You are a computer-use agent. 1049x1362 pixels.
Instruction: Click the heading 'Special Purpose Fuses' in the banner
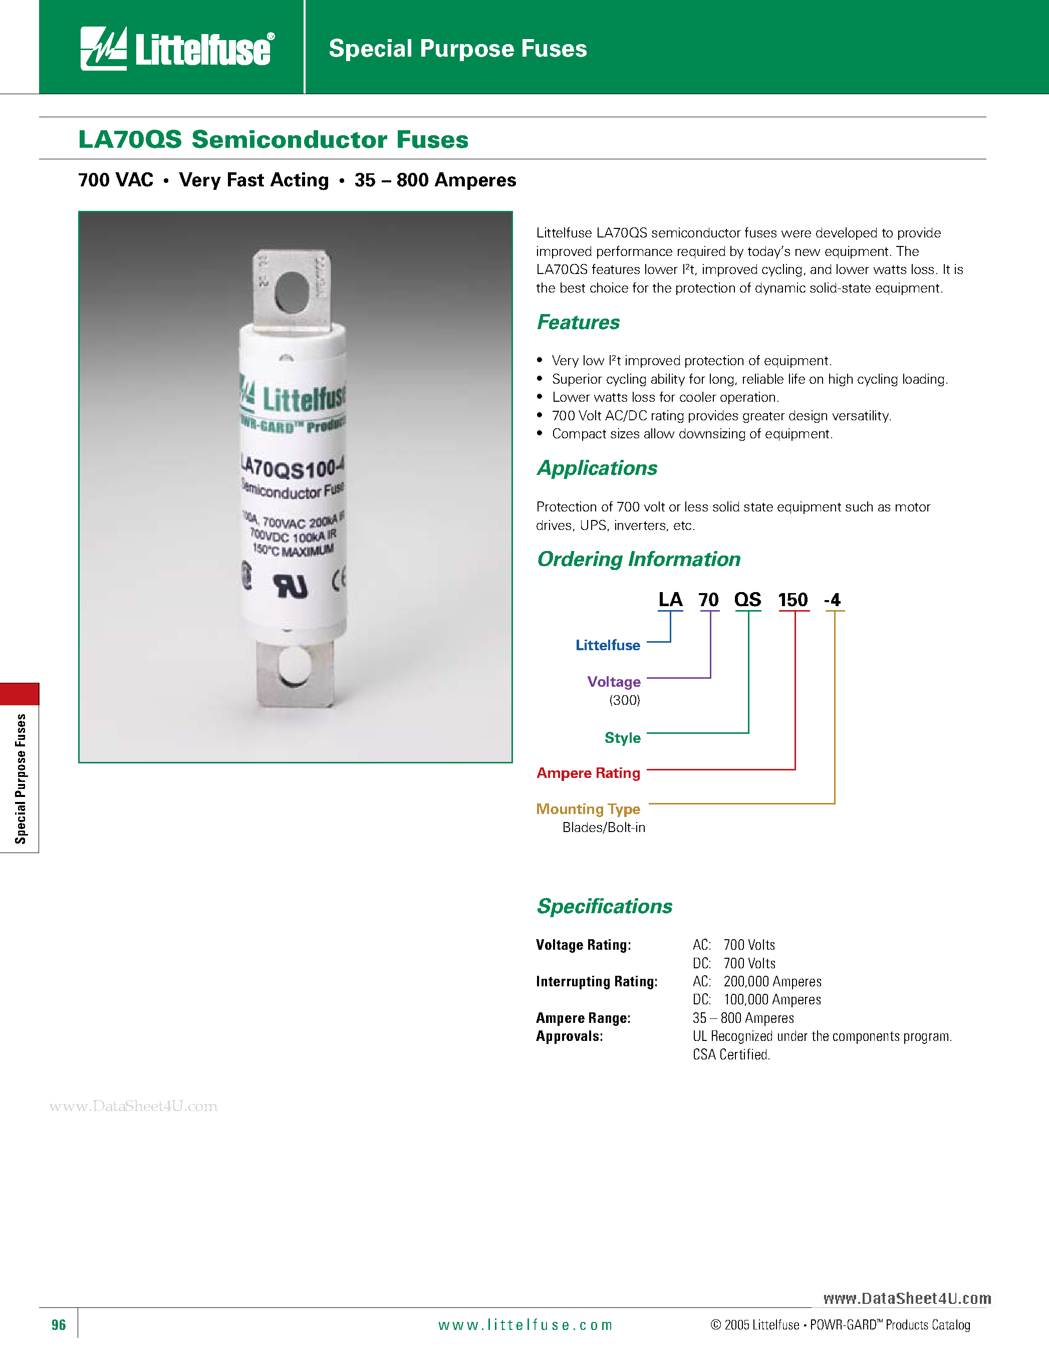(457, 49)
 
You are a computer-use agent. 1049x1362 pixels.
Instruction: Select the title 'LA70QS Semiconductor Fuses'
(273, 139)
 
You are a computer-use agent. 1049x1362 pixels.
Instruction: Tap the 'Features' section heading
(578, 323)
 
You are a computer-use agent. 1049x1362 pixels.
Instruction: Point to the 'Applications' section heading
(597, 468)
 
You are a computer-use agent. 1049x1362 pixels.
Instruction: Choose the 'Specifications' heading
(604, 906)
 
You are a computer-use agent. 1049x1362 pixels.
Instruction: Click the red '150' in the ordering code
(793, 600)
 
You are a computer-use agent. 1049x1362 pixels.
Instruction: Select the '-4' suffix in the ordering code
(833, 600)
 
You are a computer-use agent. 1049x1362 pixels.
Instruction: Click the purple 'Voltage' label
(614, 682)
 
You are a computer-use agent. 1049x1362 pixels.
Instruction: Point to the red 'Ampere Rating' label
(588, 773)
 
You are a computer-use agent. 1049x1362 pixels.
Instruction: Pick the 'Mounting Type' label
(588, 809)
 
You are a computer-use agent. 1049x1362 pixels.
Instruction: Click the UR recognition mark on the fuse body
(291, 586)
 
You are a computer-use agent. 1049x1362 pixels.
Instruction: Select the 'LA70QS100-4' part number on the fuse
(293, 467)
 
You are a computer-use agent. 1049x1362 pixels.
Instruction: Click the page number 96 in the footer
(59, 1324)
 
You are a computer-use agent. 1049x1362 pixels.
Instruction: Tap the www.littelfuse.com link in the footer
(525, 1324)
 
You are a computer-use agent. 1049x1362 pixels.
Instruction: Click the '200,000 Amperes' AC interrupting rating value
(772, 982)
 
